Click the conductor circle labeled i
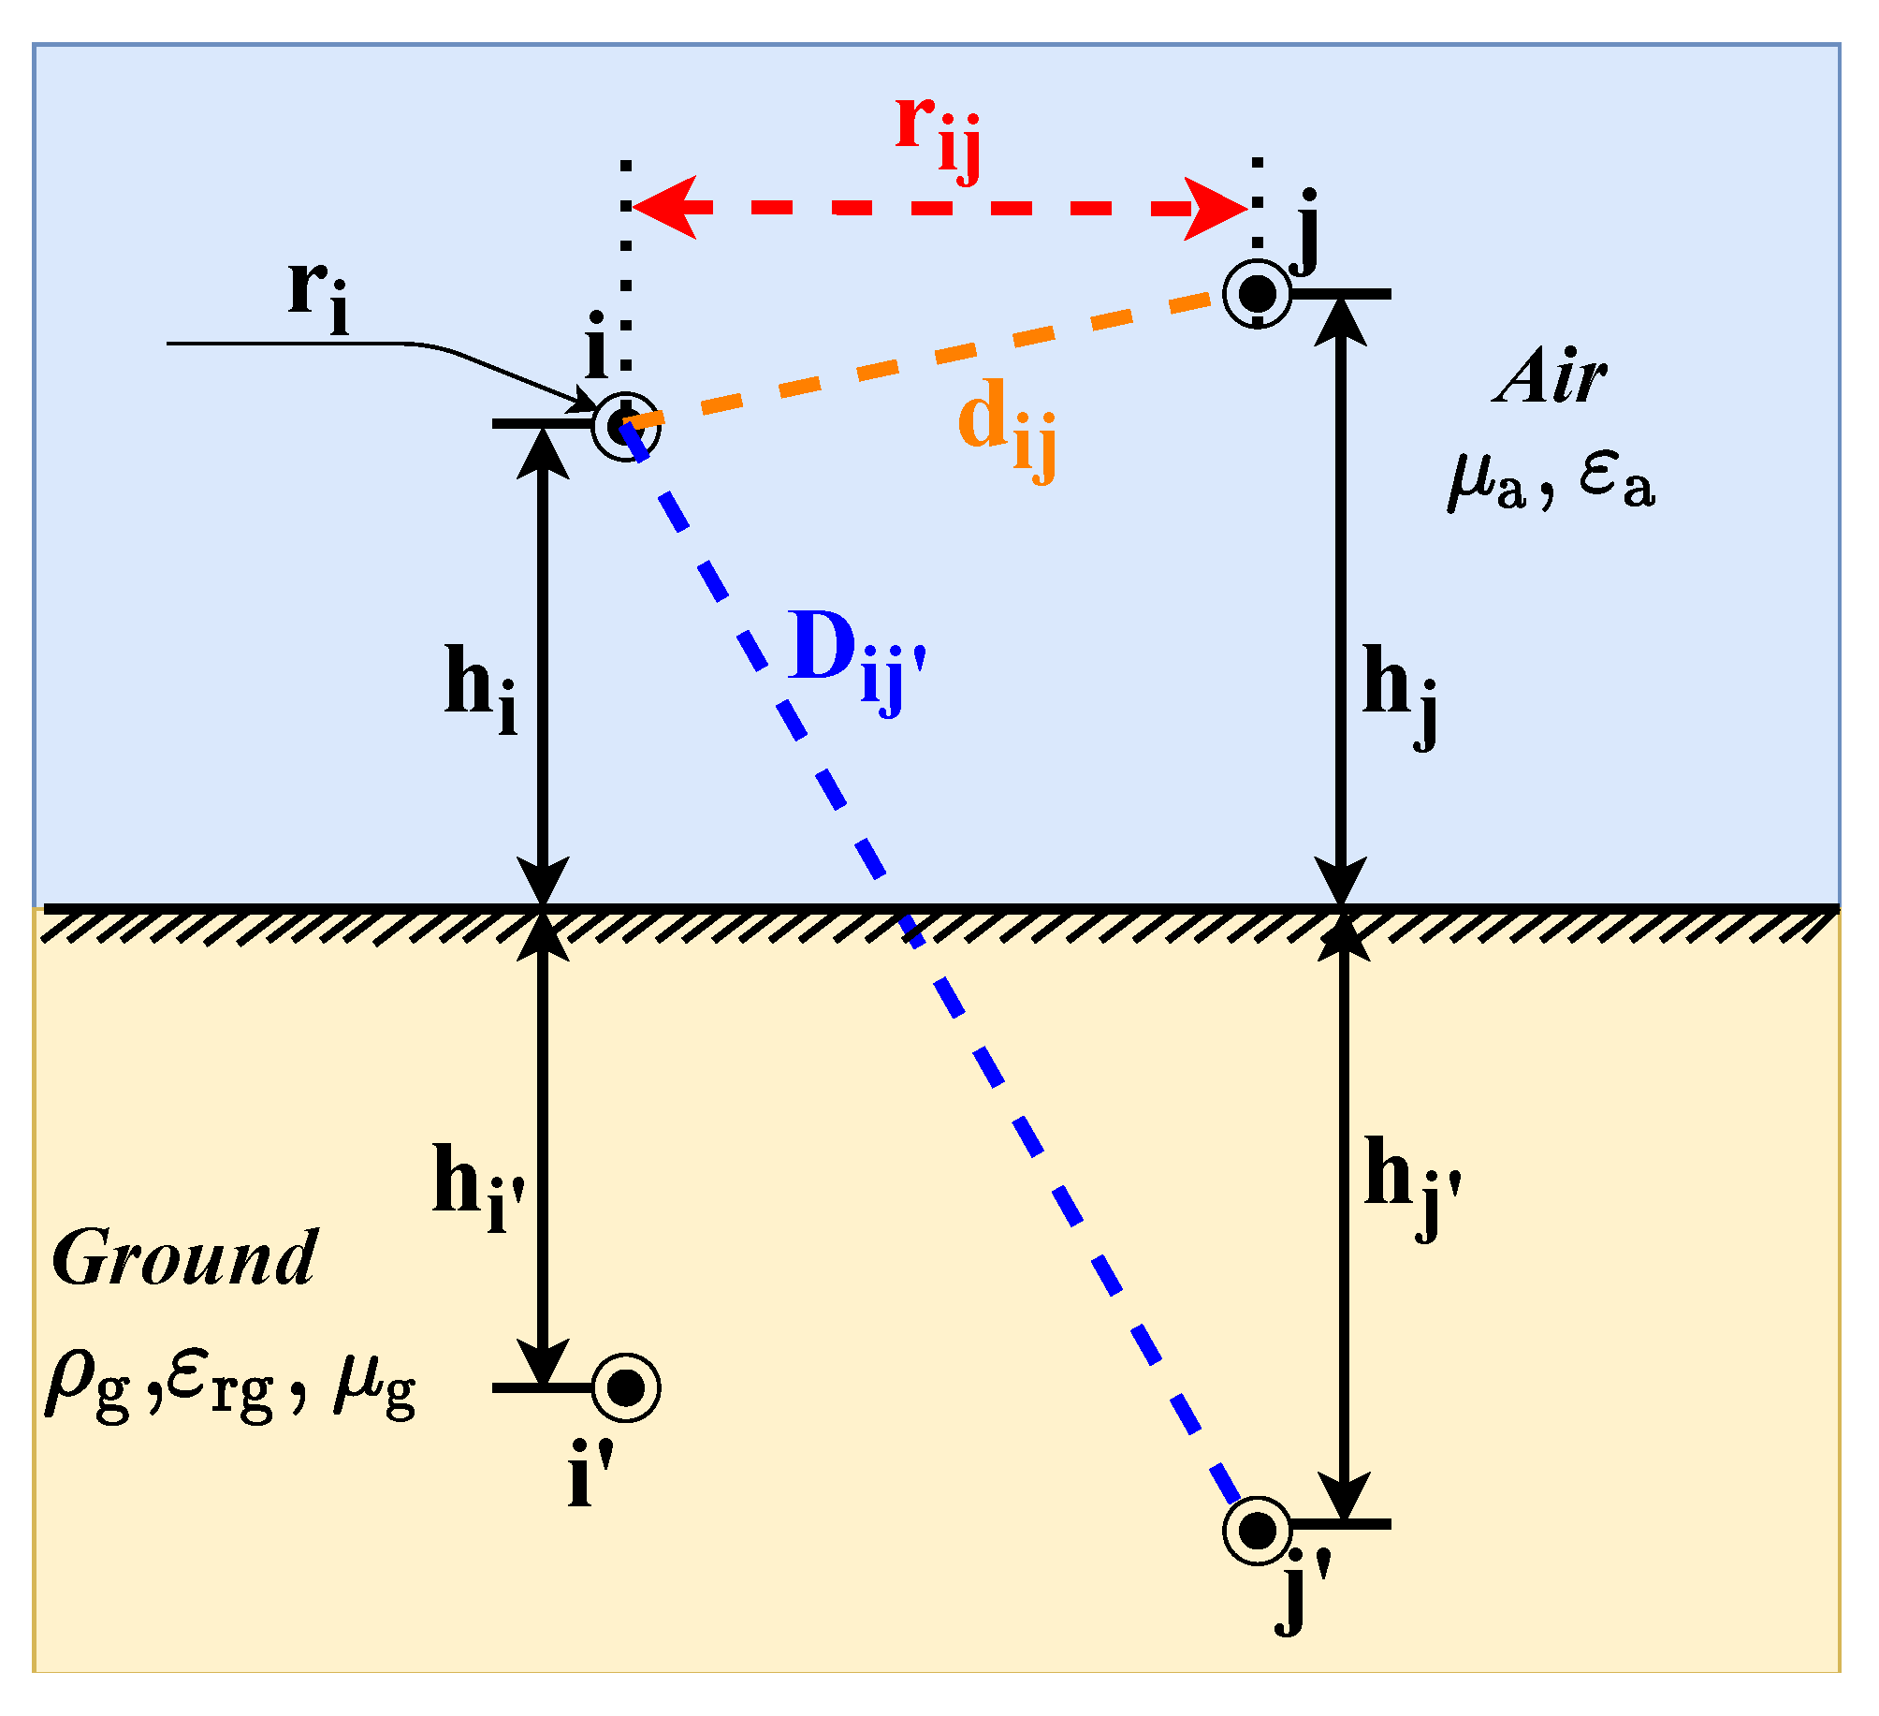pos(626,426)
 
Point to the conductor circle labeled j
pos(1258,293)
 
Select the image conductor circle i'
pos(626,1386)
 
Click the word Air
pos(1551,377)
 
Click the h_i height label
pos(480,688)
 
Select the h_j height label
pos(1400,693)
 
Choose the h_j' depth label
pos(1411,1184)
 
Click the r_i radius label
pos(318,295)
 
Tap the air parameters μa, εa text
pos(1551,480)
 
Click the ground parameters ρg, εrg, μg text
pos(229,1386)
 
